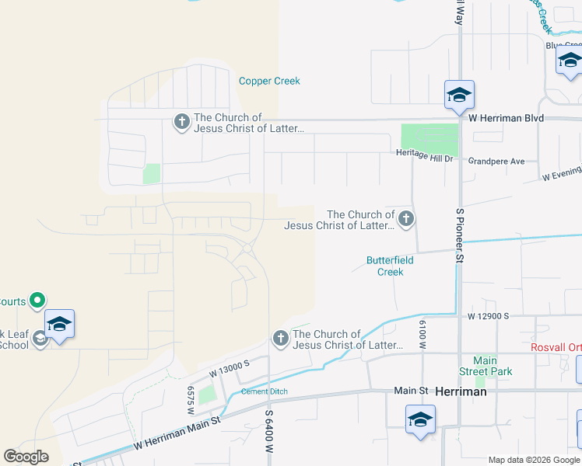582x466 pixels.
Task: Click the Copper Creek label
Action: pos(269,81)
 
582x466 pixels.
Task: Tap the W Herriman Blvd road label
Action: pos(506,118)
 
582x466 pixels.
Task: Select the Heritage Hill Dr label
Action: pos(424,158)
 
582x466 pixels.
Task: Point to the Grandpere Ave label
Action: pos(496,162)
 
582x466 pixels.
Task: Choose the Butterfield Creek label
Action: pos(391,266)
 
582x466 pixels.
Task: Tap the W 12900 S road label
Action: pos(488,317)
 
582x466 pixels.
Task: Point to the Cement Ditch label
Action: pos(265,391)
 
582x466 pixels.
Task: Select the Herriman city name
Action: pos(461,392)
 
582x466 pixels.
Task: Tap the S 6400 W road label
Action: pos(269,433)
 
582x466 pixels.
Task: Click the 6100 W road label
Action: pos(423,336)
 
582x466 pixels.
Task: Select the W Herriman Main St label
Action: pos(177,435)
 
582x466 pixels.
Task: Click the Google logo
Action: pos(26,457)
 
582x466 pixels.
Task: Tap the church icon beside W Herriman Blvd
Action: pos(181,122)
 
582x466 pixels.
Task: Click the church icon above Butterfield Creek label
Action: pos(406,219)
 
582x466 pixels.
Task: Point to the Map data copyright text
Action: pos(534,460)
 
